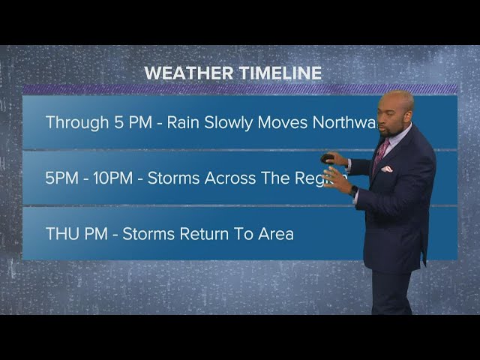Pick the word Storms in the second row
173,178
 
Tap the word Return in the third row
207,233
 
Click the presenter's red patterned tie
381,151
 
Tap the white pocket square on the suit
386,169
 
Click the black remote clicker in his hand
327,158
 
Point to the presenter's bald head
397,103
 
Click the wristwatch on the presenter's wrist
353,190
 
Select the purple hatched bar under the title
240,88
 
